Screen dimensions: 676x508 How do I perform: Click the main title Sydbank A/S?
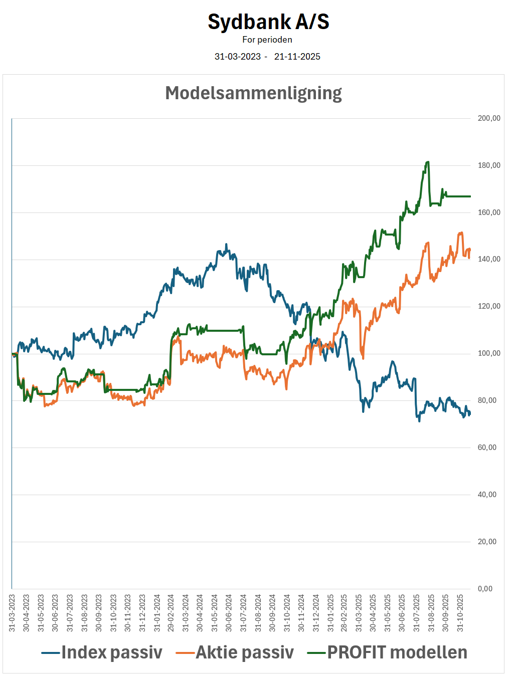[x=268, y=22]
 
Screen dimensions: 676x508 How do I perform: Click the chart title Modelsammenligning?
[x=253, y=93]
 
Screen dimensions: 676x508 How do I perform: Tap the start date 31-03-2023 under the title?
[x=238, y=57]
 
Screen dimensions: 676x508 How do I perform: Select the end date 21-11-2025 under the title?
[x=297, y=57]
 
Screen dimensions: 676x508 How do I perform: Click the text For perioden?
[x=267, y=40]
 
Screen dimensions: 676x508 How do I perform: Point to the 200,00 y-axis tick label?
[x=488, y=118]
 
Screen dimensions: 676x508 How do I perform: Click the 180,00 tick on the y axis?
[x=488, y=165]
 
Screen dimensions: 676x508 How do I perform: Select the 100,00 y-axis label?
[x=488, y=353]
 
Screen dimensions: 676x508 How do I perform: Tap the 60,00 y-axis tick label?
[x=486, y=447]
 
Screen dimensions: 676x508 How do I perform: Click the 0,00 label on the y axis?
[x=484, y=589]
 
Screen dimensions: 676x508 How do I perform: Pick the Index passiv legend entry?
[x=111, y=652]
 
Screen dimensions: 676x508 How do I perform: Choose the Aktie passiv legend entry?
[x=244, y=652]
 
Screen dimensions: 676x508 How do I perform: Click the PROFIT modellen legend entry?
[x=397, y=652]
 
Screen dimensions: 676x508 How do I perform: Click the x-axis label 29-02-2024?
[x=171, y=613]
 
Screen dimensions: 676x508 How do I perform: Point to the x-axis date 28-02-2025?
[x=345, y=613]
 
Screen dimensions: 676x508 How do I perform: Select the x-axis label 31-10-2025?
[x=460, y=613]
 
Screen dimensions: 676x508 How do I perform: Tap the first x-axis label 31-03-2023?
[x=12, y=613]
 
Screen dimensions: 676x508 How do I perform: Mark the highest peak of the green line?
[x=427, y=162]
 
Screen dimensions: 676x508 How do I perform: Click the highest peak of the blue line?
[x=226, y=245]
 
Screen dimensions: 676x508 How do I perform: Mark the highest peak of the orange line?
[x=461, y=233]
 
